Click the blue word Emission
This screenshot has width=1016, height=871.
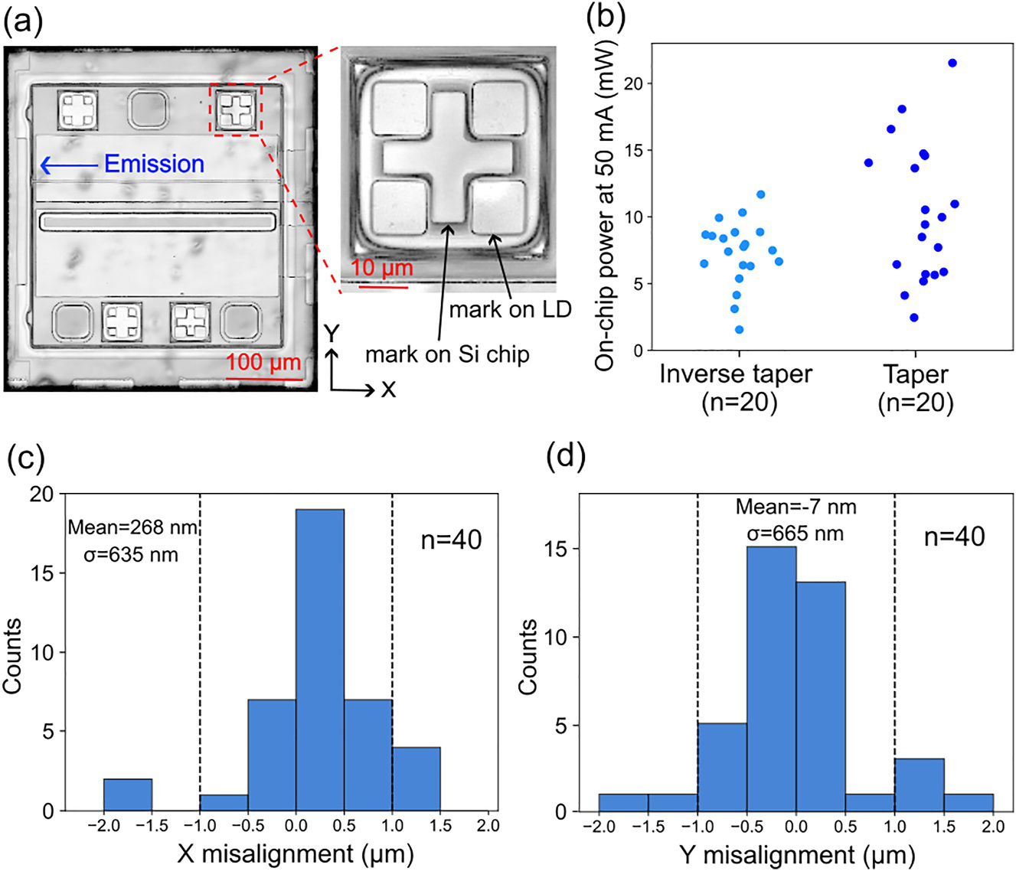pos(154,164)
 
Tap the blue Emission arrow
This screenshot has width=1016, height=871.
pos(70,165)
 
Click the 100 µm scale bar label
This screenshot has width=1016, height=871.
pos(263,363)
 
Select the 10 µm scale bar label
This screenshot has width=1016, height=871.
pos(382,268)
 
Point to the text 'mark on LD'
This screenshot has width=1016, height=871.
pos(510,309)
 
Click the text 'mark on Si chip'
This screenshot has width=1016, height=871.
pos(447,354)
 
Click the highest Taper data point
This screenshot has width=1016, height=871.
pos(952,63)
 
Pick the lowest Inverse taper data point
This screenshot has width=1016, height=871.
pos(740,330)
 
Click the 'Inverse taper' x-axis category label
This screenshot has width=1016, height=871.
pos(736,374)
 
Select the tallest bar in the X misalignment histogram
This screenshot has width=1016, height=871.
pos(320,661)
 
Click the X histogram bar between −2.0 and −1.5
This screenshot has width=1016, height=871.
pos(128,795)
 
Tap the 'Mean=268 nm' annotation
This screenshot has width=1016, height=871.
pos(132,527)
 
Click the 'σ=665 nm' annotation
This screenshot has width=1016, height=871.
pos(795,533)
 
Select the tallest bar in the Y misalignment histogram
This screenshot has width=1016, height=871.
pos(772,680)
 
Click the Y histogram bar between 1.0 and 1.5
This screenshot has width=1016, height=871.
pos(920,785)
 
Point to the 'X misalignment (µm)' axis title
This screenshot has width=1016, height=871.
pos(296,854)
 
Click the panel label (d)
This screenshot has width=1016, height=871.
pos(567,458)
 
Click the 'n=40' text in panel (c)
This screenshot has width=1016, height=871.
pos(451,540)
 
